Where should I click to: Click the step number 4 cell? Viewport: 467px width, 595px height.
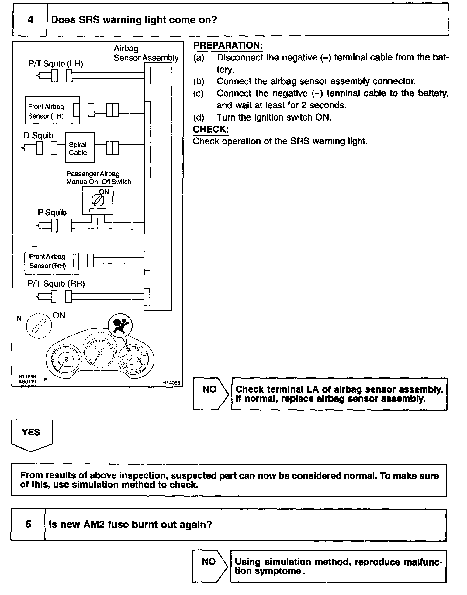pyautogui.click(x=30, y=20)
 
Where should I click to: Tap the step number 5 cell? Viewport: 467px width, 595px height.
pyautogui.click(x=28, y=524)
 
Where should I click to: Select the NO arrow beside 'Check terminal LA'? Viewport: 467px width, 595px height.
pyautogui.click(x=210, y=394)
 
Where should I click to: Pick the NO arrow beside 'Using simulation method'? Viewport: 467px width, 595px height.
pyautogui.click(x=209, y=566)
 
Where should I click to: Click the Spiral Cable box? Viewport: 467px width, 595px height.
pyautogui.click(x=79, y=148)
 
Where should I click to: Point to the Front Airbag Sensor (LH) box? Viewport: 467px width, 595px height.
pyautogui.click(x=52, y=110)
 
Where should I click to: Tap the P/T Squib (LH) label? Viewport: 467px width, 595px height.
pyautogui.click(x=56, y=64)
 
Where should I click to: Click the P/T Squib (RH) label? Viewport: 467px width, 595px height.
pyautogui.click(x=56, y=284)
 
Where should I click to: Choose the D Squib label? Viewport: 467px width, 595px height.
pyautogui.click(x=38, y=135)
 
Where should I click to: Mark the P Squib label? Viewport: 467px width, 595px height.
pyautogui.click(x=52, y=212)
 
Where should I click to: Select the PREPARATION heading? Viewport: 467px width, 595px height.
pyautogui.click(x=228, y=46)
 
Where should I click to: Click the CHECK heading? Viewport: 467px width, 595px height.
pyautogui.click(x=211, y=129)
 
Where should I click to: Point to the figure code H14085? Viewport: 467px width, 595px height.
pyautogui.click(x=171, y=383)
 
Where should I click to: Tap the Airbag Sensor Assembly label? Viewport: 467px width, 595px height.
pyautogui.click(x=146, y=53)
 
